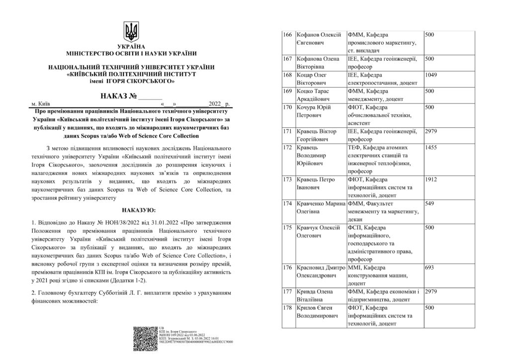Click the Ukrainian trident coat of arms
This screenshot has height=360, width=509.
[132, 32]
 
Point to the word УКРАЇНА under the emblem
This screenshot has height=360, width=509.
[132, 47]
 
